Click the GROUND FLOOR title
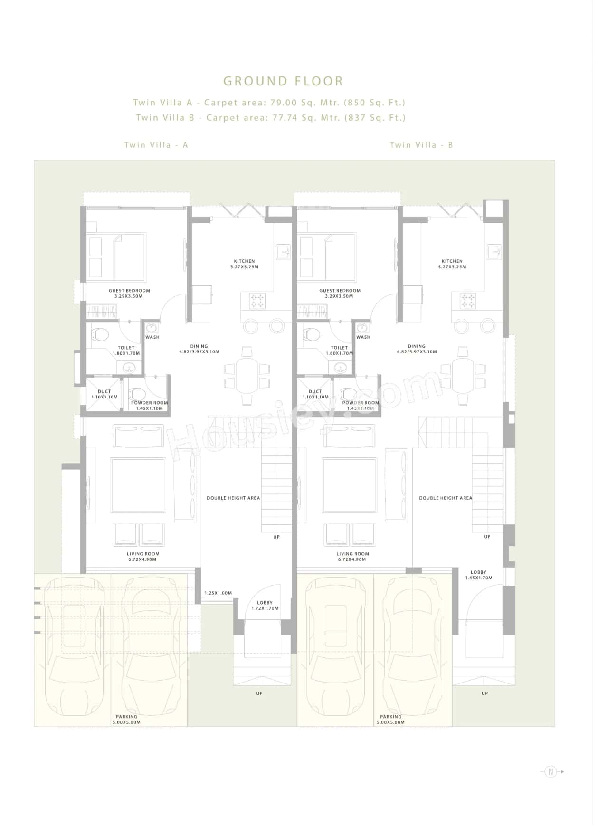coord(283,81)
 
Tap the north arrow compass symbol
coord(551,772)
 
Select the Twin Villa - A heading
coord(156,145)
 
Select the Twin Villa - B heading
coord(421,145)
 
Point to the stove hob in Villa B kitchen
coord(467,301)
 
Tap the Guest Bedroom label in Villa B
coord(340,293)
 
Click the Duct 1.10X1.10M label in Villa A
coord(104,394)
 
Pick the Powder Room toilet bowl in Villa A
coord(138,393)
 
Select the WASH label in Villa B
coord(363,337)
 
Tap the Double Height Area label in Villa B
coord(446,498)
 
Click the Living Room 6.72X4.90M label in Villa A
coord(142,557)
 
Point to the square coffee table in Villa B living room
coord(349,485)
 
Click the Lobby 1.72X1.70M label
coord(265,606)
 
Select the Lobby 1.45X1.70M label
coord(478,575)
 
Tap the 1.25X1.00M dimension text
coord(218,593)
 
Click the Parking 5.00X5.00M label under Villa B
coord(390,720)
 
